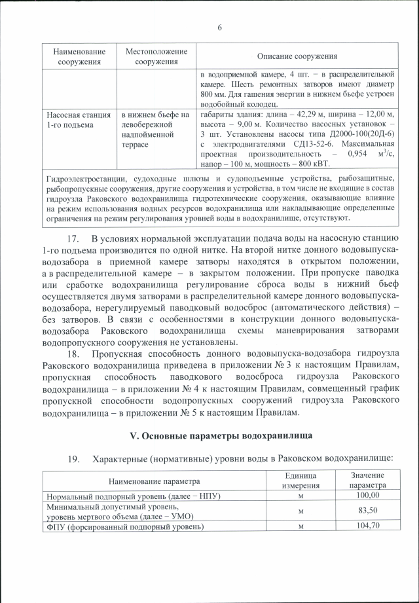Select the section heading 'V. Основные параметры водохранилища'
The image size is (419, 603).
click(219, 435)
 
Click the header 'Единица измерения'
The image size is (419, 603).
click(301, 480)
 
